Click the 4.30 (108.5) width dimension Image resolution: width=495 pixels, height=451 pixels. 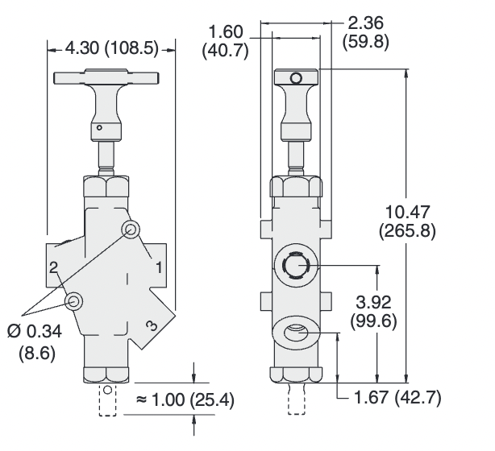tap(110, 49)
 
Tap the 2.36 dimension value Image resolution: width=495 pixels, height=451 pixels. tap(364, 22)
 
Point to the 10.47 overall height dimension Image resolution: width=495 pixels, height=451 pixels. tap(406, 213)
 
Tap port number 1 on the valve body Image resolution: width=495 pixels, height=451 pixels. tap(160, 266)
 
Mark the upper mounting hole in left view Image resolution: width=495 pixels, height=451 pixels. tap(131, 230)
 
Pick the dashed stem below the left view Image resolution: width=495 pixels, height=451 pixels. tap(106, 400)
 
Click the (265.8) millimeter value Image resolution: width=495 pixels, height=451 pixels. tap(406, 230)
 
